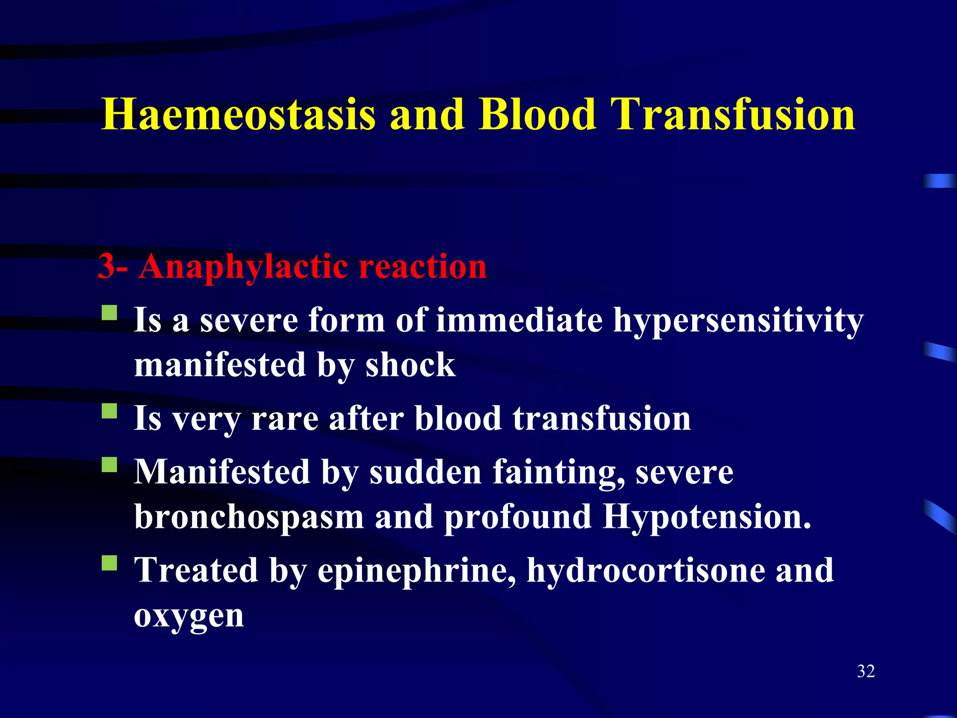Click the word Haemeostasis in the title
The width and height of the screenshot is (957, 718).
238,115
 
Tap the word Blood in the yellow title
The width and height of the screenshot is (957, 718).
537,115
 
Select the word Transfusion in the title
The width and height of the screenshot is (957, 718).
733,115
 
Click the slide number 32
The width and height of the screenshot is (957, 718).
866,671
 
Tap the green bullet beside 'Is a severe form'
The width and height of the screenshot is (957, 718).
110,313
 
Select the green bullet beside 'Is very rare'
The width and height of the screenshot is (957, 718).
110,411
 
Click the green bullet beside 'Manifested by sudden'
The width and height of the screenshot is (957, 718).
110,465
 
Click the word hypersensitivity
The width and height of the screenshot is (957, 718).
738,322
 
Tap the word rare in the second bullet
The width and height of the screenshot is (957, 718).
285,418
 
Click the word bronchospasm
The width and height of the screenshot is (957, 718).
249,517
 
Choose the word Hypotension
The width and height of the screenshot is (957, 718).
707,517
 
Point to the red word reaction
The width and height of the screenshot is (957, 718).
423,266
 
